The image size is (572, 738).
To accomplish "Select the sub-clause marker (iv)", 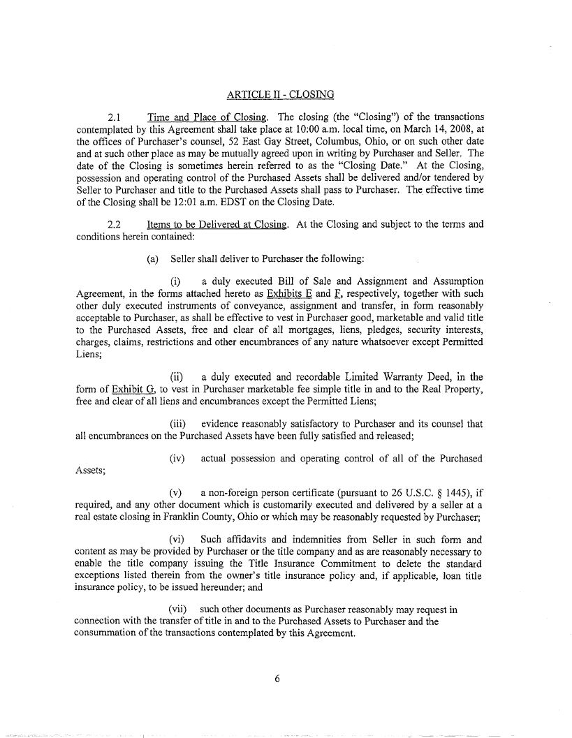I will [x=178, y=458].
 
